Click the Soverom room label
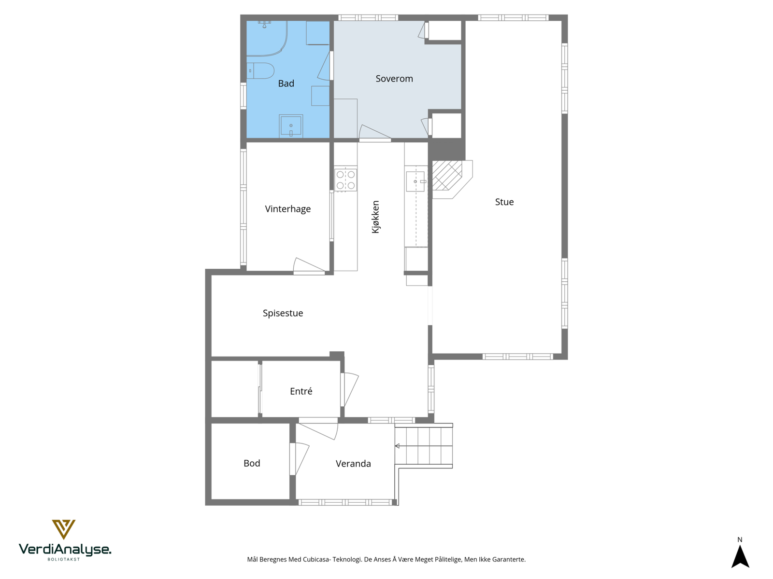(394, 79)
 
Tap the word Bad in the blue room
(286, 83)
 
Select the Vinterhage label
(287, 209)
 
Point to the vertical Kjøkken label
(375, 217)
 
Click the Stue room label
(504, 202)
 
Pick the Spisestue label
(283, 313)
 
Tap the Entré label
(301, 391)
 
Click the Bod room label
(252, 463)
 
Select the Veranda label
(353, 464)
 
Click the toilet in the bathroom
(261, 70)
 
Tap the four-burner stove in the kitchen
(345, 180)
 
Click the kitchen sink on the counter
(415, 181)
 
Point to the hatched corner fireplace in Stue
(447, 176)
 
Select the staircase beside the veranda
(424, 446)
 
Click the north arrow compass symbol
(740, 556)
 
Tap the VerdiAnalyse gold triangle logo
(64, 529)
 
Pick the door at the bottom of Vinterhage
(308, 266)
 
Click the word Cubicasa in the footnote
(316, 560)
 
